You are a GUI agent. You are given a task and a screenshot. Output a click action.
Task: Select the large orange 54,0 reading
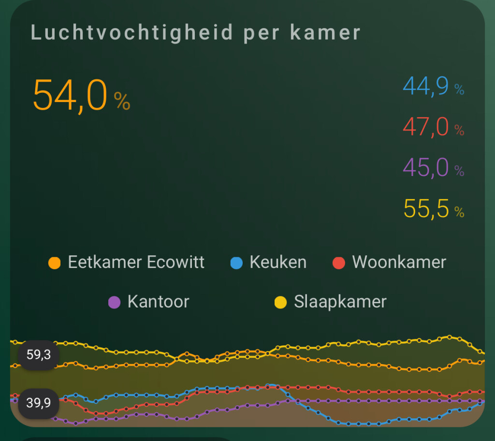tap(70, 95)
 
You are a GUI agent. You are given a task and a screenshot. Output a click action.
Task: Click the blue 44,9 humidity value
tap(426, 87)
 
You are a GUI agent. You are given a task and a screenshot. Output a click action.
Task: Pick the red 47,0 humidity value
tap(426, 128)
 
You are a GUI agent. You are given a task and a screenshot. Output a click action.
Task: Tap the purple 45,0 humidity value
tap(426, 168)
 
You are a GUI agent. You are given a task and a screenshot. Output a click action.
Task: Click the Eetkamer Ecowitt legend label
tap(136, 262)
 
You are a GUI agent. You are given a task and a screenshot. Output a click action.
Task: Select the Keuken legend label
tap(278, 262)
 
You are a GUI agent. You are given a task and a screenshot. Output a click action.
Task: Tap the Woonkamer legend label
tap(399, 262)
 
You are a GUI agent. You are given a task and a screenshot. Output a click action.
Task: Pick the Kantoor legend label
tap(158, 302)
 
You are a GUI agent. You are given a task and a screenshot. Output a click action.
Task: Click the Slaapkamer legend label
tap(340, 302)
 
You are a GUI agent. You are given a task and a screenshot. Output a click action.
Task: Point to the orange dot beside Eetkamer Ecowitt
tap(55, 263)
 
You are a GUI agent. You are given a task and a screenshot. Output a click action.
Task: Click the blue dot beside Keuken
tap(236, 263)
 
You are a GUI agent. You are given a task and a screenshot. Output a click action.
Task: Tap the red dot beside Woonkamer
tap(339, 263)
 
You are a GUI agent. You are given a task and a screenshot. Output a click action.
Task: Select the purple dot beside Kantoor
tap(114, 303)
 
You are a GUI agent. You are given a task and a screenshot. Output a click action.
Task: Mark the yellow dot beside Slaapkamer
tap(280, 303)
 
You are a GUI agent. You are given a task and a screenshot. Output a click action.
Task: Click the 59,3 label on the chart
tap(38, 355)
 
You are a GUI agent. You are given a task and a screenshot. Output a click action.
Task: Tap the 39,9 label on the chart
tap(38, 402)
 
